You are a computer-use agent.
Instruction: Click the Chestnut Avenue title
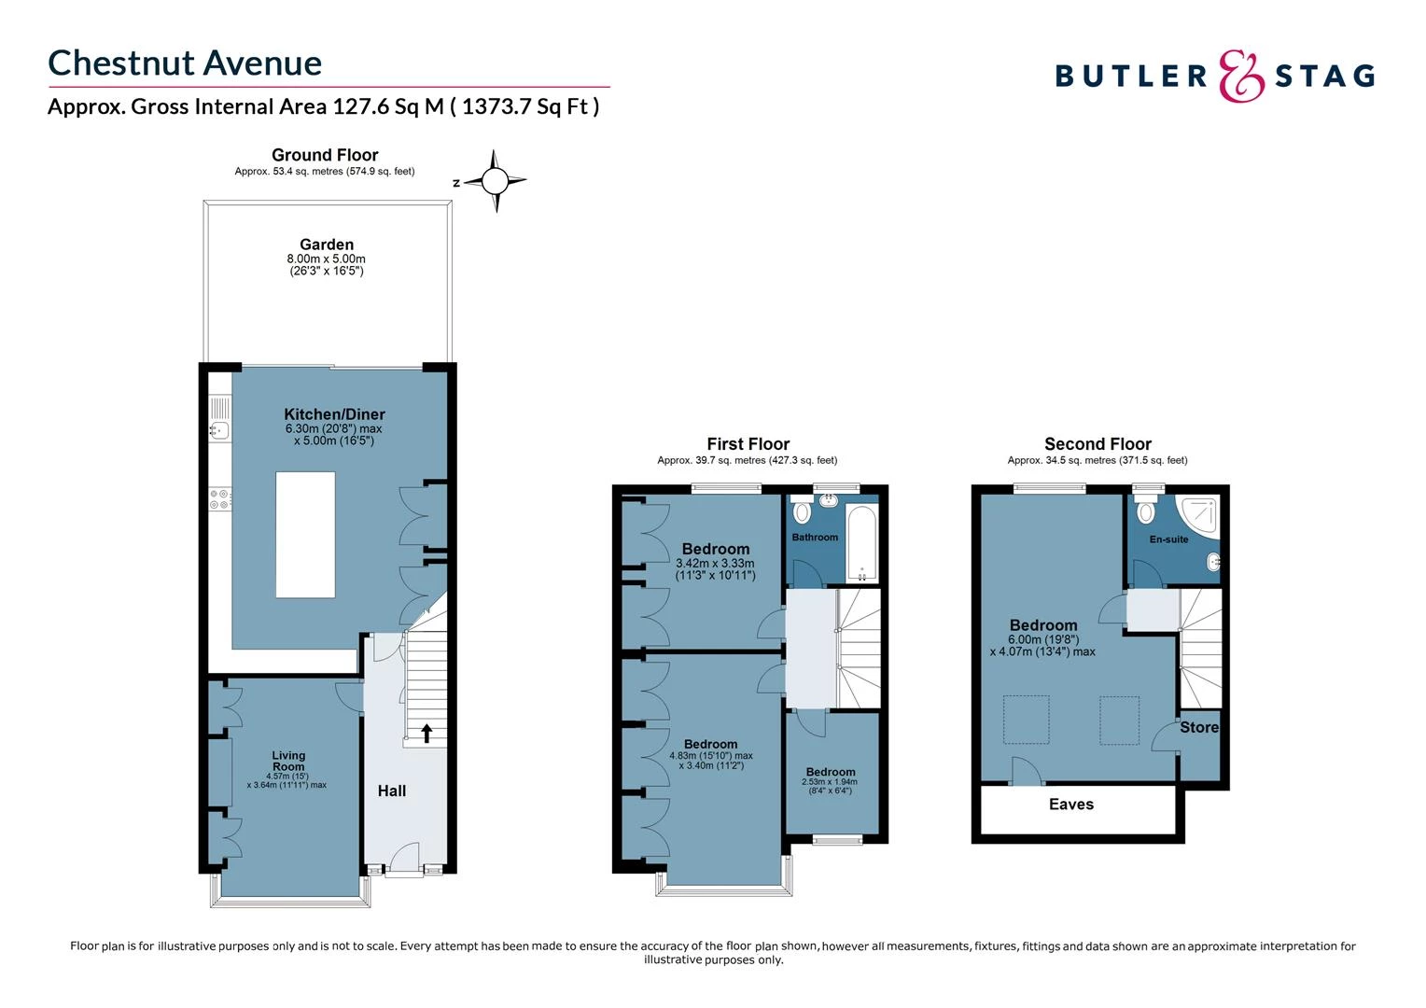[x=185, y=63]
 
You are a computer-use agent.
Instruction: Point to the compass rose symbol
[x=496, y=181]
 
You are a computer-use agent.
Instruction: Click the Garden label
[x=326, y=245]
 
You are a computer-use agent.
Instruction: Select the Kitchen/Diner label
[x=334, y=414]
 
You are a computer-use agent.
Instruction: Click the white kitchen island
[x=305, y=534]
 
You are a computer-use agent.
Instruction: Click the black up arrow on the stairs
[x=426, y=733]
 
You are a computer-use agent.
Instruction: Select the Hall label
[x=392, y=791]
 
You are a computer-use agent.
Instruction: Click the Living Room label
[x=288, y=761]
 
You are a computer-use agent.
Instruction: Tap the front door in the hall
[x=404, y=859]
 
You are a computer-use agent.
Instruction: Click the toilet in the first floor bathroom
[x=801, y=511]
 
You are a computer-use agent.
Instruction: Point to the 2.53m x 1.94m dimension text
[x=830, y=782]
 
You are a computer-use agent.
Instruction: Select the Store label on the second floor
[x=1198, y=727]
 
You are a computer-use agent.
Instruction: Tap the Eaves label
[x=1070, y=805]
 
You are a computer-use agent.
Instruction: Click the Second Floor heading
[x=1097, y=444]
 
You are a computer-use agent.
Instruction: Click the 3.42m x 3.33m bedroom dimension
[x=715, y=564]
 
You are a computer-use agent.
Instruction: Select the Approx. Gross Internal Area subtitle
[x=323, y=106]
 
